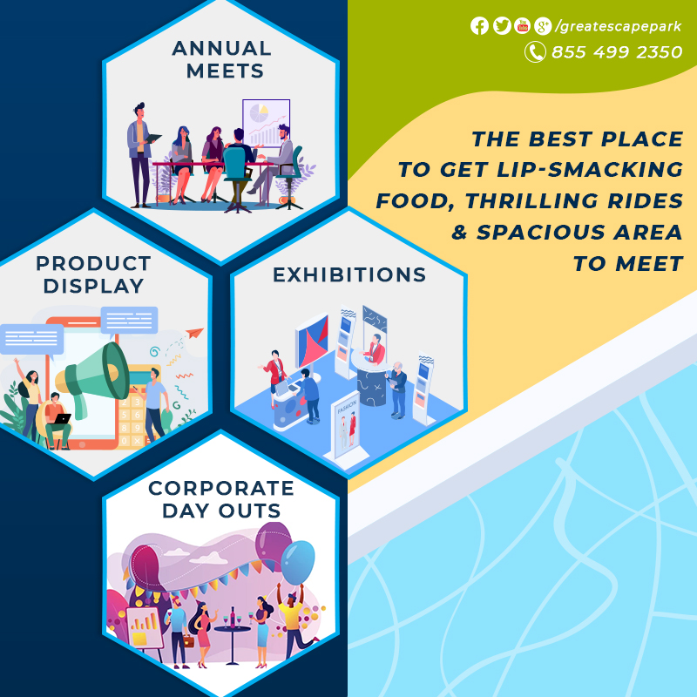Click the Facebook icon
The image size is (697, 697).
pyautogui.click(x=480, y=26)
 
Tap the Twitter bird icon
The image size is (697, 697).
pyautogui.click(x=502, y=26)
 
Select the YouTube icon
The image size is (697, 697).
pyautogui.click(x=522, y=26)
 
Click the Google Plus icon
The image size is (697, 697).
pyautogui.click(x=543, y=26)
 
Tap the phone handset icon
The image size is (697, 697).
pyautogui.click(x=535, y=52)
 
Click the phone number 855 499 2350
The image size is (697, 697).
pyautogui.click(x=617, y=52)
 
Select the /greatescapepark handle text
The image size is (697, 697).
pyautogui.click(x=619, y=27)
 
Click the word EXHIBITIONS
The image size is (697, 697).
pyautogui.click(x=349, y=274)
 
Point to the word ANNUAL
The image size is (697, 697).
pyautogui.click(x=221, y=48)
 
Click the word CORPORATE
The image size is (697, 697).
pyautogui.click(x=221, y=488)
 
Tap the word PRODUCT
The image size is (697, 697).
pyautogui.click(x=93, y=263)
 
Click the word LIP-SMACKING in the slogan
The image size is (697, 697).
pyautogui.click(x=590, y=169)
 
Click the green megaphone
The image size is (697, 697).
pyautogui.click(x=92, y=376)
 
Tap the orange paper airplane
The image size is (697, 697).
pyautogui.click(x=194, y=332)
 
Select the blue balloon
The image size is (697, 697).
pyautogui.click(x=297, y=562)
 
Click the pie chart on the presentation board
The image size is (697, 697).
pyautogui.click(x=259, y=113)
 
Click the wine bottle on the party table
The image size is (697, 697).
pyautogui.click(x=232, y=617)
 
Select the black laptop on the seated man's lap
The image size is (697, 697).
pyautogui.click(x=61, y=419)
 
